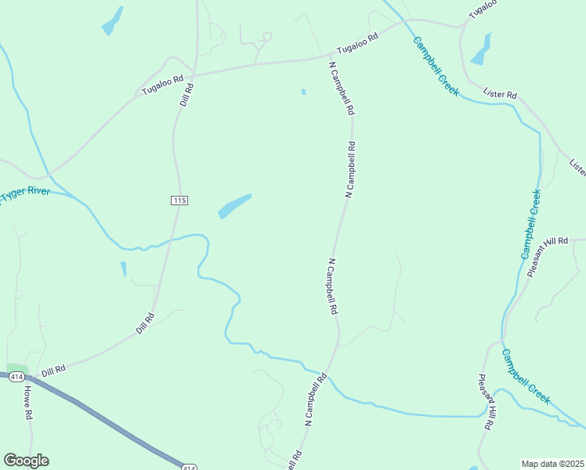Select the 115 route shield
click(x=179, y=201)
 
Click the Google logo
click(x=26, y=461)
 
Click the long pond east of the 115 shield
click(x=235, y=206)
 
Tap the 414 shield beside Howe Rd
click(x=15, y=377)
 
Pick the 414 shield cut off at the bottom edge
click(x=190, y=467)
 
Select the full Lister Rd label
click(x=501, y=95)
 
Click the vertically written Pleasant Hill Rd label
click(x=486, y=403)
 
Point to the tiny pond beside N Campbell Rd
click(x=303, y=92)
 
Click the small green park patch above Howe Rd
click(x=16, y=369)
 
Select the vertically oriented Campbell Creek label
click(x=530, y=224)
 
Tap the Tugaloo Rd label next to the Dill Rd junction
click(x=162, y=85)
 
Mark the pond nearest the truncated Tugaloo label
click(x=481, y=49)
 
